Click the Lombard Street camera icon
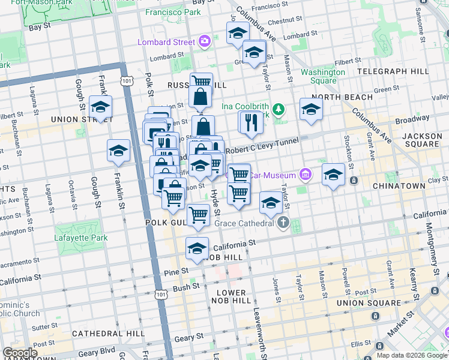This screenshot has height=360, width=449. pyautogui.click(x=204, y=41)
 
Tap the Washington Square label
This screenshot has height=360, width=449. pyautogui.click(x=323, y=76)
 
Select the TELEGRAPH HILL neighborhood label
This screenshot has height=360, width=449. pyautogui.click(x=393, y=71)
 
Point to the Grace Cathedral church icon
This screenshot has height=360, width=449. pyautogui.click(x=283, y=223)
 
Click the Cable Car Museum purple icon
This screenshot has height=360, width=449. pyautogui.click(x=306, y=175)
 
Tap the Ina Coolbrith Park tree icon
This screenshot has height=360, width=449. pyautogui.click(x=278, y=109)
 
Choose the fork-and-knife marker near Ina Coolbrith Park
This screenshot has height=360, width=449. pyautogui.click(x=251, y=122)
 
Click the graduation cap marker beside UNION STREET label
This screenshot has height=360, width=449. pyautogui.click(x=100, y=107)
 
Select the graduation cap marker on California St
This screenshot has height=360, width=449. pyautogui.click(x=197, y=248)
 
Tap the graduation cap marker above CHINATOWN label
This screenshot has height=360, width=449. pyautogui.click(x=333, y=175)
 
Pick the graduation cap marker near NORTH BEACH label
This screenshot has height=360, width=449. pyautogui.click(x=311, y=109)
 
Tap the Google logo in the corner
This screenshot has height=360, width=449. pyautogui.click(x=19, y=353)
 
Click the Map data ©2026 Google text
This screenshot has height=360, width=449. pyautogui.click(x=411, y=355)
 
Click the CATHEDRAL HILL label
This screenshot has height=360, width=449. pyautogui.click(x=107, y=333)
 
